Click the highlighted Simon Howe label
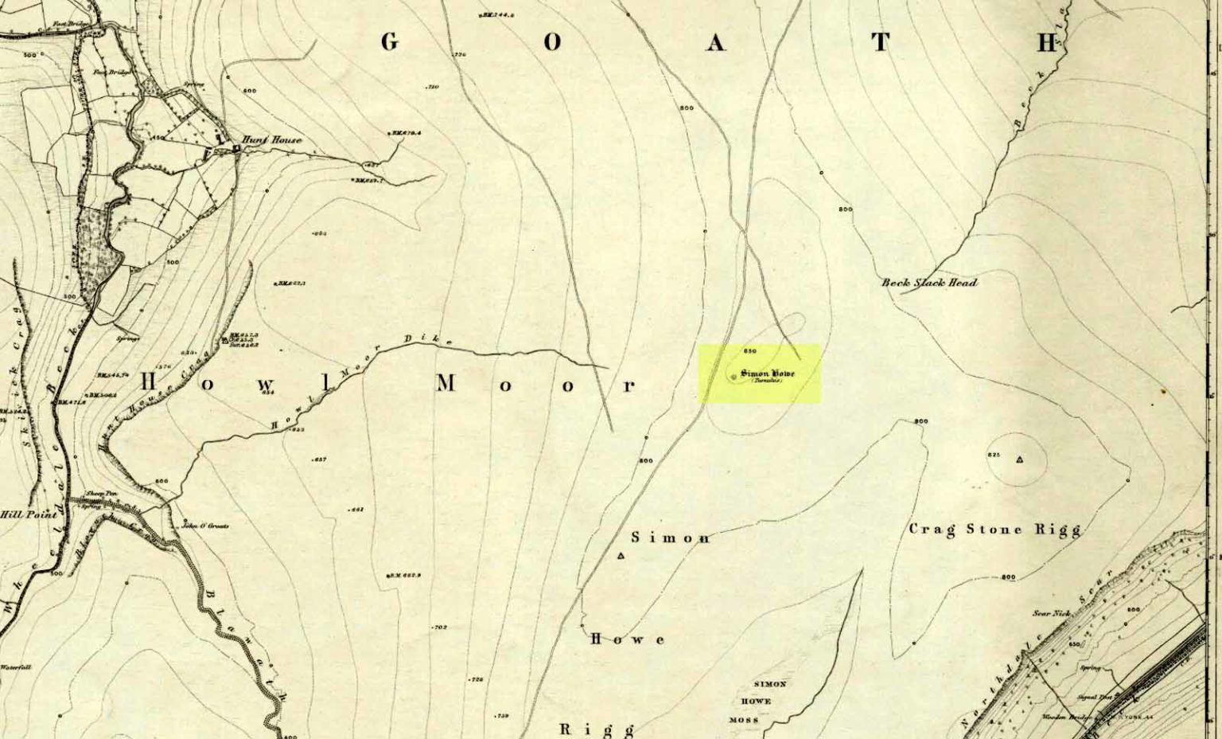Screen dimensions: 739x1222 pos(767,374)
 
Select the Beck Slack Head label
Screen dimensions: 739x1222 pos(929,283)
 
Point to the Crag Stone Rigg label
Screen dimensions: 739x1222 pos(994,529)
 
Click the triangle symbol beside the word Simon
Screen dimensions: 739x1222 pos(621,556)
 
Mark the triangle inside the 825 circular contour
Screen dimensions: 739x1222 pos(1019,459)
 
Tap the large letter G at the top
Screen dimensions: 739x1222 pos(389,42)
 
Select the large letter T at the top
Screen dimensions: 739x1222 pos(880,42)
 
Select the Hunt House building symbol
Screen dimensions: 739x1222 pos(236,148)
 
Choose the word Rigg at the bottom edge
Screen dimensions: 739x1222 pos(597,729)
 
